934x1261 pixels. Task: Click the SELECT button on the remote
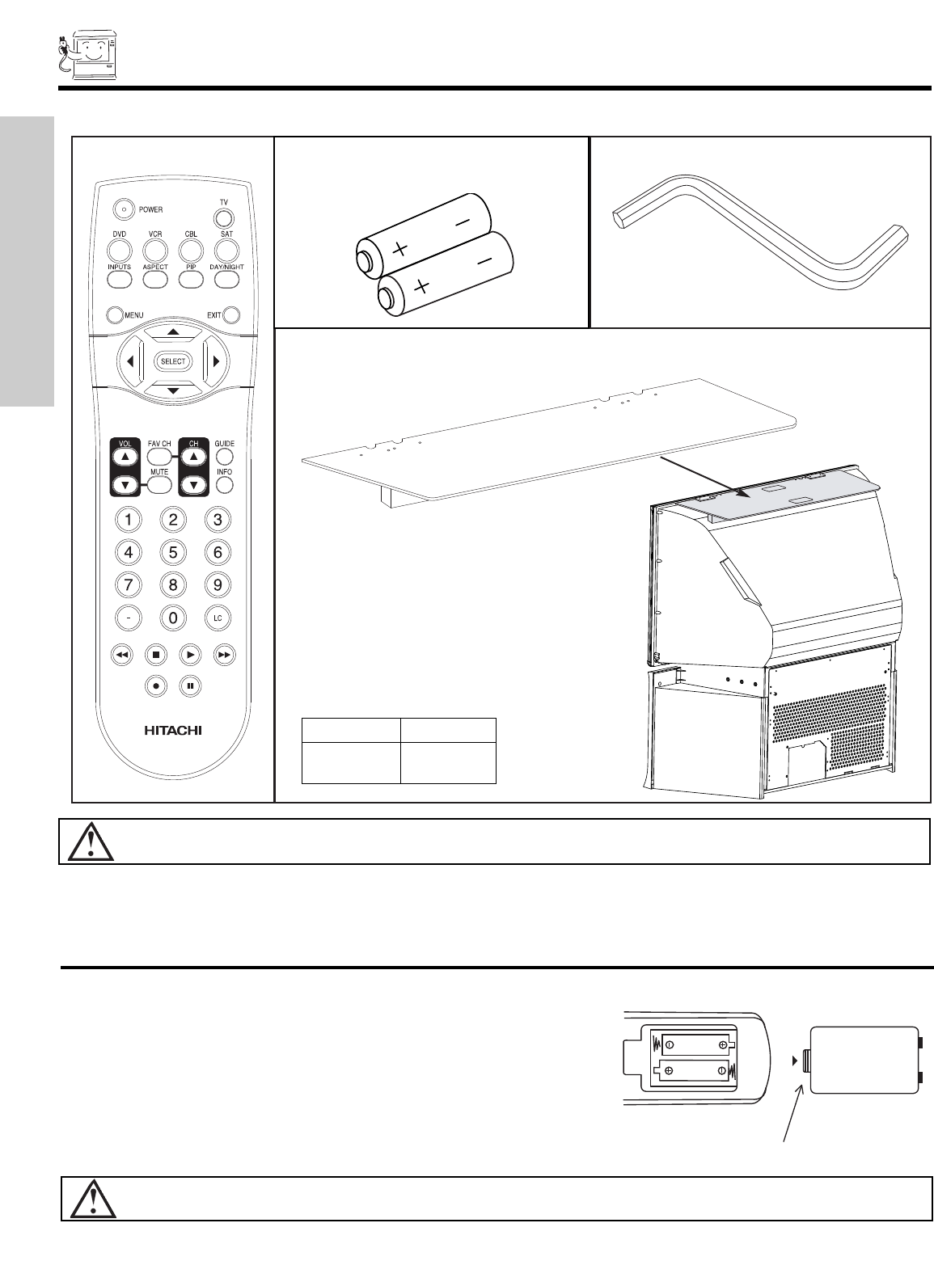(x=173, y=361)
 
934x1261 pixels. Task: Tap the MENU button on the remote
(x=112, y=314)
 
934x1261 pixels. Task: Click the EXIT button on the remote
(x=231, y=314)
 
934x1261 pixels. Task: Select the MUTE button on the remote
(x=159, y=485)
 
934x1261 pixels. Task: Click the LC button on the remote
(x=217, y=618)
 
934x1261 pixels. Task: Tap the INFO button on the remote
(x=224, y=485)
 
